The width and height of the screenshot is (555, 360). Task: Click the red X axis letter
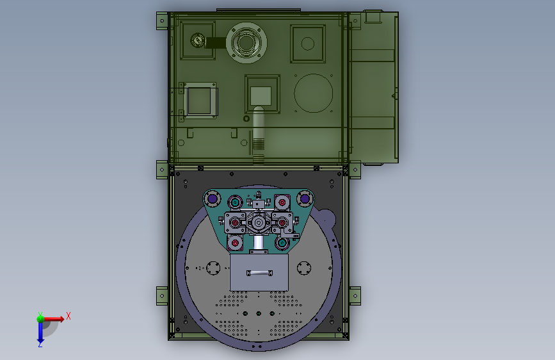(68, 316)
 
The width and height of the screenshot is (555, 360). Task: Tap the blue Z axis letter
(40, 345)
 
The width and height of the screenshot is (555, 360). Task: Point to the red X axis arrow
(53, 319)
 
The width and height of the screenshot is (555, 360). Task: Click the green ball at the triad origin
(40, 319)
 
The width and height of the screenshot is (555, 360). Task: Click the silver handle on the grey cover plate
(259, 273)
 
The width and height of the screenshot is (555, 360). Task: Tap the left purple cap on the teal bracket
(213, 199)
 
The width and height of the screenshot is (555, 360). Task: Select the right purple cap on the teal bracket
(305, 199)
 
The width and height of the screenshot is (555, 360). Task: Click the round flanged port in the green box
(246, 43)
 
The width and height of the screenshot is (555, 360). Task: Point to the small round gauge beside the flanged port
(198, 40)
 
